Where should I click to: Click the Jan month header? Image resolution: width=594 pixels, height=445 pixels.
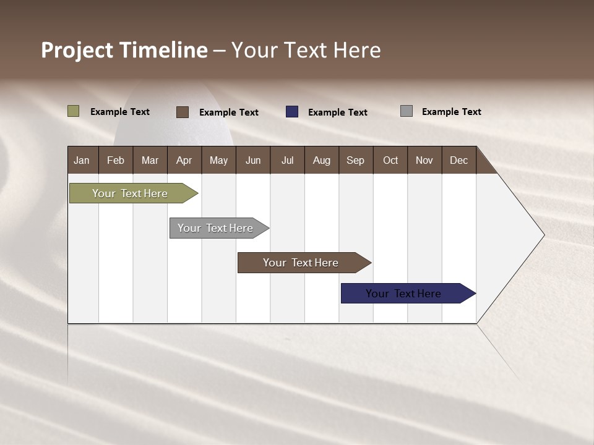(x=82, y=160)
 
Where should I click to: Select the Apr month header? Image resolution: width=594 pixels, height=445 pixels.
(x=184, y=160)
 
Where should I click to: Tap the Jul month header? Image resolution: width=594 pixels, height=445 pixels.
(x=287, y=160)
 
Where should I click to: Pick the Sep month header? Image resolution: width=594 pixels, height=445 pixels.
(x=355, y=160)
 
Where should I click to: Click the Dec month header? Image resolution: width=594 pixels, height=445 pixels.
(x=458, y=160)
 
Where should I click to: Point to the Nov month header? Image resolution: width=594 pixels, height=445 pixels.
(x=424, y=160)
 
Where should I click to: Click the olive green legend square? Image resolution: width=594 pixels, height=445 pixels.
(x=74, y=111)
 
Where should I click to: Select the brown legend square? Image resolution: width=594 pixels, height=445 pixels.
(x=182, y=112)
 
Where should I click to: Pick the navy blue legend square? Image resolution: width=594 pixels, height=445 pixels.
(x=292, y=112)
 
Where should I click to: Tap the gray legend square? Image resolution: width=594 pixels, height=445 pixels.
(x=407, y=111)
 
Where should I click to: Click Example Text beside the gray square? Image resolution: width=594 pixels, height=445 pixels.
(x=451, y=112)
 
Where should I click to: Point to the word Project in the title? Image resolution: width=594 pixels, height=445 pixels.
(x=77, y=50)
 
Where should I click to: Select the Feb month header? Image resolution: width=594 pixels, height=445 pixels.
(x=115, y=160)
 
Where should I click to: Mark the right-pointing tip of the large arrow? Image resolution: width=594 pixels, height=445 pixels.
(x=543, y=235)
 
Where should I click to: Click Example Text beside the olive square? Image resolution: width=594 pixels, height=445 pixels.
(x=120, y=112)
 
